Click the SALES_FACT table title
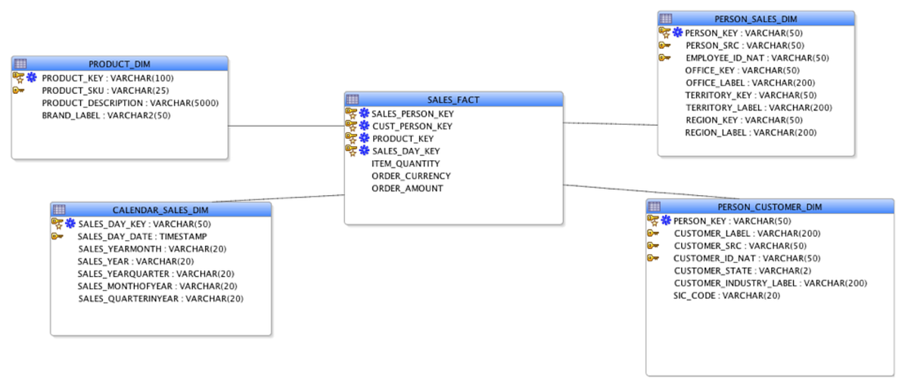pyautogui.click(x=453, y=100)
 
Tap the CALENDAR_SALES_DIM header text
pyautogui.click(x=160, y=209)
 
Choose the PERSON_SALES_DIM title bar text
pyautogui.click(x=756, y=19)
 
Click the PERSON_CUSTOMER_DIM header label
pyautogui.click(x=770, y=206)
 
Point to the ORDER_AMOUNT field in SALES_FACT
pyautogui.click(x=407, y=188)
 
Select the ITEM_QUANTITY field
pyautogui.click(x=406, y=163)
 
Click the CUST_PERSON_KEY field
pyautogui.click(x=412, y=126)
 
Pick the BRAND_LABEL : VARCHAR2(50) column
pyautogui.click(x=106, y=115)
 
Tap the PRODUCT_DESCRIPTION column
pyautogui.click(x=130, y=103)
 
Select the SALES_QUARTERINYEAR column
pyautogui.click(x=160, y=299)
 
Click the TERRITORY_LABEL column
pyautogui.click(x=758, y=107)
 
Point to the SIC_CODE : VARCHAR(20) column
pyautogui.click(x=726, y=296)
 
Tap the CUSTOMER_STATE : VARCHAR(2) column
pyautogui.click(x=745, y=271)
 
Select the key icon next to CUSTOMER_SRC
pyautogui.click(x=654, y=246)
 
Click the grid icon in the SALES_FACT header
pyautogui.click(x=353, y=100)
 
